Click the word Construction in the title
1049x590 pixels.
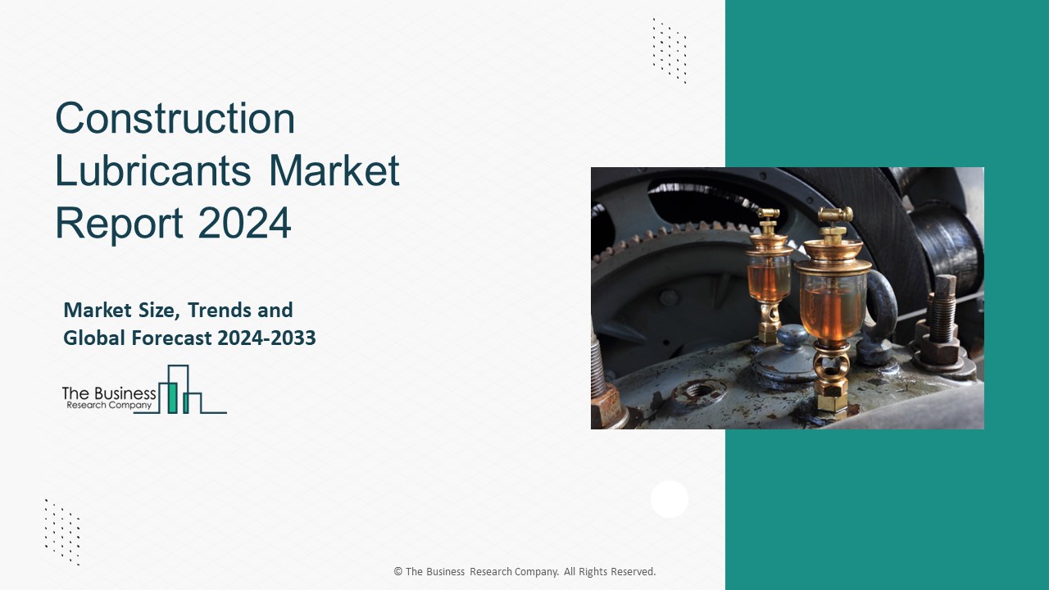pos(175,120)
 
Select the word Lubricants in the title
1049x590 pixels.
pos(152,171)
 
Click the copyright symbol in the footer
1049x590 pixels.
pos(398,572)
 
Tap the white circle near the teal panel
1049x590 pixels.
pos(670,499)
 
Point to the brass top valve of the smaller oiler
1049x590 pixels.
pos(768,220)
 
